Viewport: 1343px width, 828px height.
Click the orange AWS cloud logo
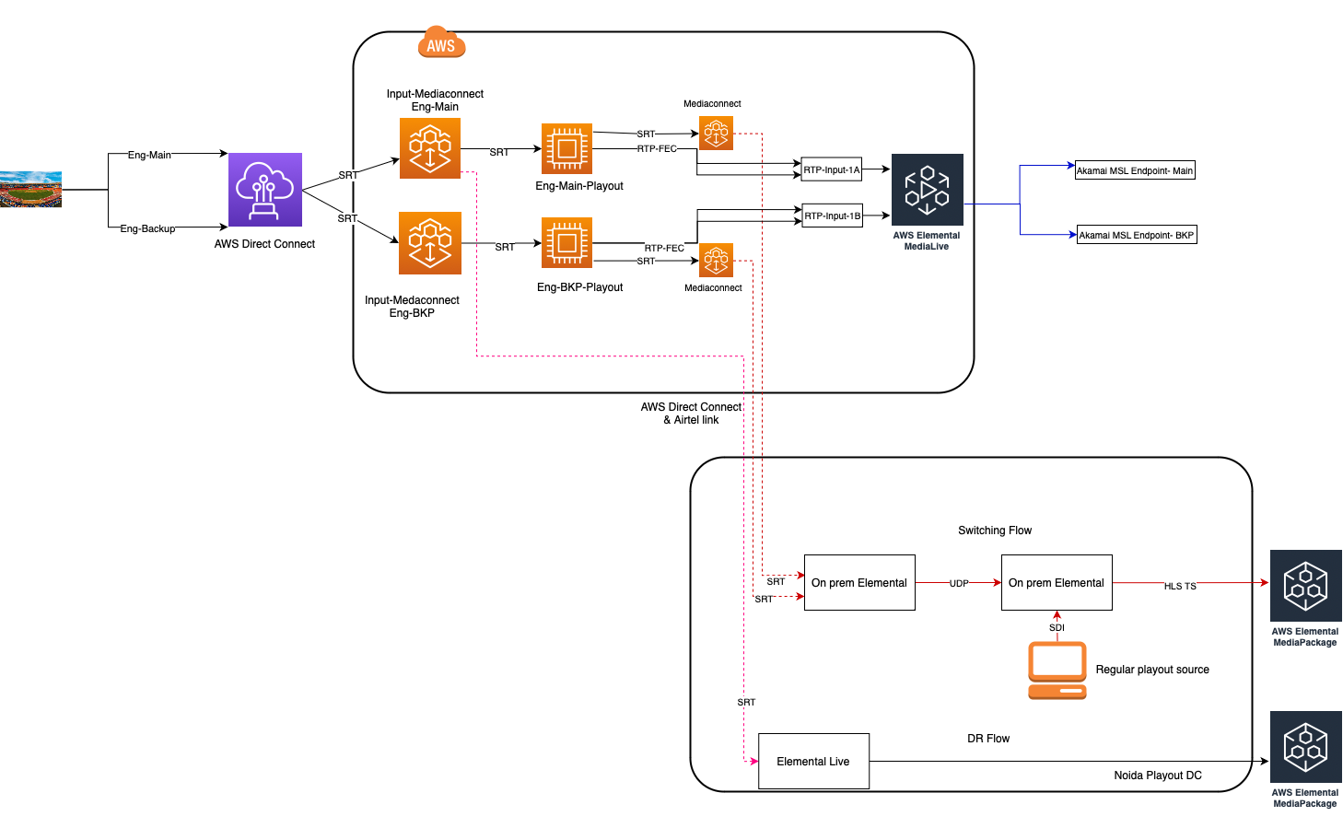pyautogui.click(x=441, y=42)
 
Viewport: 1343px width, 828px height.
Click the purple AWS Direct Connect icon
pyautogui.click(x=265, y=190)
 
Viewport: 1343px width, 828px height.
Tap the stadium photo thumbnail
pyautogui.click(x=30, y=190)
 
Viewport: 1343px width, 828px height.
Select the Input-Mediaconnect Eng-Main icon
pyautogui.click(x=430, y=148)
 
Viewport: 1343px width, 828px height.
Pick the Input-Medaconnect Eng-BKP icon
pyautogui.click(x=430, y=243)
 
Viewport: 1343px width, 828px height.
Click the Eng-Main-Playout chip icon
pyautogui.click(x=566, y=148)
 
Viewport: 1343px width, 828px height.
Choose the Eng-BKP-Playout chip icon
pyautogui.click(x=566, y=243)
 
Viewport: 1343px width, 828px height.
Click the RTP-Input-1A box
pyautogui.click(x=832, y=169)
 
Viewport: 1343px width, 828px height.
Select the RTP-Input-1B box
pyautogui.click(x=833, y=216)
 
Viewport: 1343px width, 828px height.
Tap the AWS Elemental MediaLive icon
pyautogui.click(x=928, y=190)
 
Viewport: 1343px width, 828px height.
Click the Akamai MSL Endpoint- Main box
pyautogui.click(x=1135, y=170)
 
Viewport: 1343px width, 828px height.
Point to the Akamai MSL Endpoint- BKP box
pyautogui.click(x=1137, y=235)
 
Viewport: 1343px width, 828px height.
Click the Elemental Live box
pyautogui.click(x=813, y=762)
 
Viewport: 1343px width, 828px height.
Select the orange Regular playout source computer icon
pyautogui.click(x=1057, y=671)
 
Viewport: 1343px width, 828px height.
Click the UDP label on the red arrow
pyautogui.click(x=959, y=583)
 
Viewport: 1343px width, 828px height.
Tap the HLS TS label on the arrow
pyautogui.click(x=1180, y=586)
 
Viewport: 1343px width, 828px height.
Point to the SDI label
pyautogui.click(x=1057, y=627)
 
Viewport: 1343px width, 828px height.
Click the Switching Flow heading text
pyautogui.click(x=995, y=531)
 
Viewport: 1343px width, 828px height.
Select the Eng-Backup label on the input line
pyautogui.click(x=147, y=228)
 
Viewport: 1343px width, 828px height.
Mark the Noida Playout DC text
pyautogui.click(x=1158, y=776)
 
